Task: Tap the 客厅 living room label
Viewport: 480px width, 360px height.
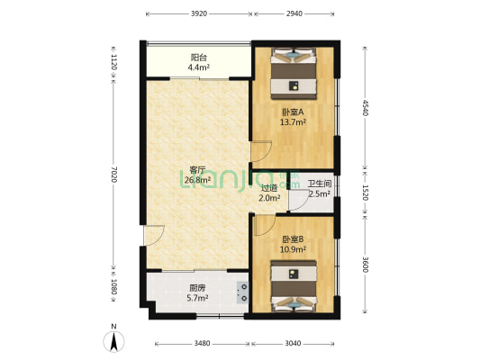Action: (x=198, y=169)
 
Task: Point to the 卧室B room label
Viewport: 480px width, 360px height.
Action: (x=293, y=238)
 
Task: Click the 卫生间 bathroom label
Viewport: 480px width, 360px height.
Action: (x=320, y=184)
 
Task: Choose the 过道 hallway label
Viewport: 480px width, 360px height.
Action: (x=268, y=188)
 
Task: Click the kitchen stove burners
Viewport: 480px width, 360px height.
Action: (x=242, y=292)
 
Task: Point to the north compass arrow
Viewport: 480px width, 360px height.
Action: (x=113, y=341)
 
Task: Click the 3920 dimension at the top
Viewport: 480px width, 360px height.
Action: (x=199, y=14)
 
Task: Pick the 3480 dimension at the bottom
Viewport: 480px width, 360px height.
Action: (x=203, y=343)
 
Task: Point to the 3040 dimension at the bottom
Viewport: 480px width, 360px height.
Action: (x=294, y=343)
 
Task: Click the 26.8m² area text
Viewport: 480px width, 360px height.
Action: (x=198, y=179)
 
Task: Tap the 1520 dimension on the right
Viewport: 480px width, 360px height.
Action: (x=365, y=193)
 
